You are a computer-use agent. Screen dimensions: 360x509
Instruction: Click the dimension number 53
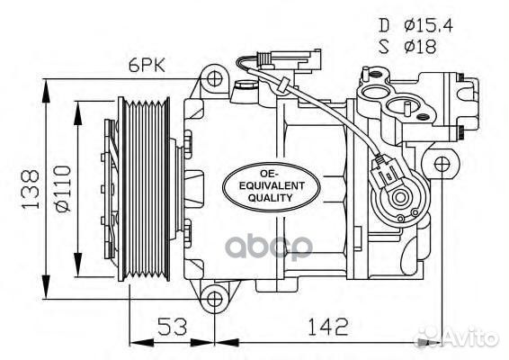(170, 324)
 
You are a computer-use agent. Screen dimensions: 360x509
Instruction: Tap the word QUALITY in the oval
(271, 197)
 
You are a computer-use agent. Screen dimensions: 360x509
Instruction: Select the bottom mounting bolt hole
(212, 299)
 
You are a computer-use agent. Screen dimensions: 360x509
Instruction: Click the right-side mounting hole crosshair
(441, 165)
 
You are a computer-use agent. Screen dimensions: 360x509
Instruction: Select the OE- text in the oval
(271, 172)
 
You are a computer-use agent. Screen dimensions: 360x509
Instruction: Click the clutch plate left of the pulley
(111, 189)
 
